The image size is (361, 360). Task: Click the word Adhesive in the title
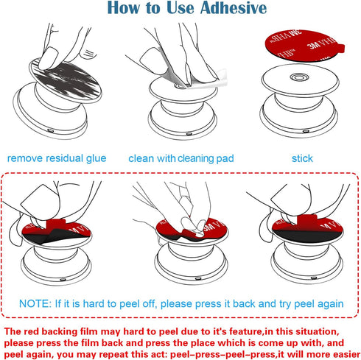tap(234, 8)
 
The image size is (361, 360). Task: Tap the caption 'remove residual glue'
tap(57, 158)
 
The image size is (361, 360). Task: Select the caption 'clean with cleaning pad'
tap(181, 158)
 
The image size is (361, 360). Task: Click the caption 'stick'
tap(302, 158)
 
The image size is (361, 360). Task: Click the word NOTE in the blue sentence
tap(35, 303)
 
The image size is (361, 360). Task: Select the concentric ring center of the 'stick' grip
tap(299, 77)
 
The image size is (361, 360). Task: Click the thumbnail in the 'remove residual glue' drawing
tap(49, 58)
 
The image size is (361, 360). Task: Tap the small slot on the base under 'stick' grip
tap(306, 132)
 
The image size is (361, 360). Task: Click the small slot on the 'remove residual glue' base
tap(51, 130)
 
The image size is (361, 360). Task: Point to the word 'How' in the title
tap(123, 8)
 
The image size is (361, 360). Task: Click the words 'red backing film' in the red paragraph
tap(60, 331)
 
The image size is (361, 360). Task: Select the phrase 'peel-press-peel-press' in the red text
tap(222, 354)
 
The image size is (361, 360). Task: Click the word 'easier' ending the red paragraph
tap(346, 354)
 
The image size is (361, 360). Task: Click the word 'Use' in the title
tap(180, 8)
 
